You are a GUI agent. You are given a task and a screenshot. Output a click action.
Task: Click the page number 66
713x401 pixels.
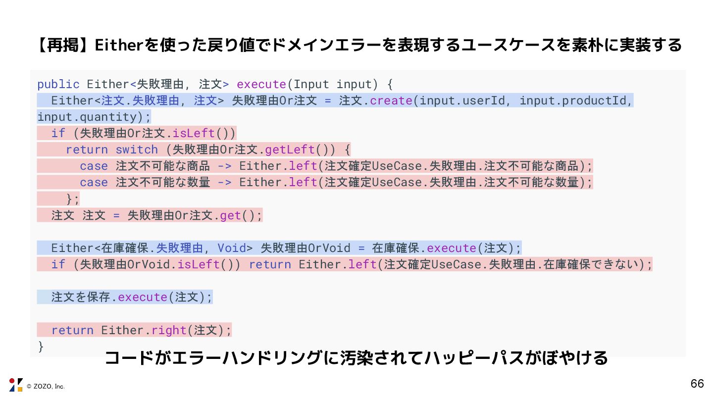(697, 384)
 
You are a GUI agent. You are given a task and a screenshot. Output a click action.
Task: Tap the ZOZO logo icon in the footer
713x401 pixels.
(16, 385)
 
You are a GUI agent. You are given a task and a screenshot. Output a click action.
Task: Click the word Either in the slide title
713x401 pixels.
(119, 46)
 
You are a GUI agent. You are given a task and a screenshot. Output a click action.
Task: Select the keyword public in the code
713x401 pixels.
(58, 84)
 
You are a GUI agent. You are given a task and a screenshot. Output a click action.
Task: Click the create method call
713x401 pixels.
(391, 100)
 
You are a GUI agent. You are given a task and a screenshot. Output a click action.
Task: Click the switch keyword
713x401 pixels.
(137, 150)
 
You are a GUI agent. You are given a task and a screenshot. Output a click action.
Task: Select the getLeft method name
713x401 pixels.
(290, 150)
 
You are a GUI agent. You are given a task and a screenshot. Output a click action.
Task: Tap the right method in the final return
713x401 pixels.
(169, 330)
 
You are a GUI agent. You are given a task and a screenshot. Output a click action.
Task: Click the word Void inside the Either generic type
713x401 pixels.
(232, 248)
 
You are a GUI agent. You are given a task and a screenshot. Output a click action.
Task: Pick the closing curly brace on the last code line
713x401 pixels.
(41, 346)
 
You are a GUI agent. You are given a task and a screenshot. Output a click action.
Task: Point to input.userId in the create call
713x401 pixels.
(462, 100)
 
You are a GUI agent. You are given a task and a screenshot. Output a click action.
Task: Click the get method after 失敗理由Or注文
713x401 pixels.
(230, 215)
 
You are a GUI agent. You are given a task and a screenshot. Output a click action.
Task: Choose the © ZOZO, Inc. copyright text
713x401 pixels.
(46, 386)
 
